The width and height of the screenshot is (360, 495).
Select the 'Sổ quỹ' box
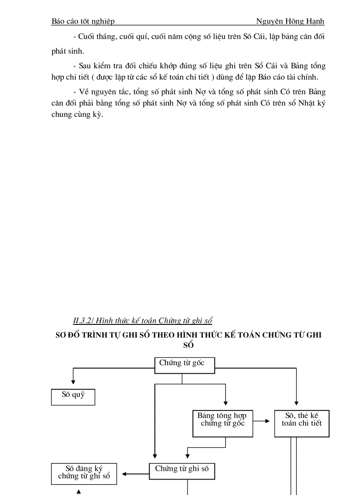[73, 396]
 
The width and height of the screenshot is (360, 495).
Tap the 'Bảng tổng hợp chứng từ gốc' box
[222, 423]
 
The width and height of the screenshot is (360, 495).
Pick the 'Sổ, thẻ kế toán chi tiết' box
[302, 423]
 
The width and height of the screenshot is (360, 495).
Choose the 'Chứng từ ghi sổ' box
[182, 470]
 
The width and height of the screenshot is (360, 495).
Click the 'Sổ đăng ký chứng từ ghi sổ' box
[84, 473]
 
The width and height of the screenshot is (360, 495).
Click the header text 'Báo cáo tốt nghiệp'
[83, 21]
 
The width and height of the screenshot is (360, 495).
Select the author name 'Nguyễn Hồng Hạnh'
[290, 21]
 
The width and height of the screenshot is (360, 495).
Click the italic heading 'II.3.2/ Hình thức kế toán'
[143, 320]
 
